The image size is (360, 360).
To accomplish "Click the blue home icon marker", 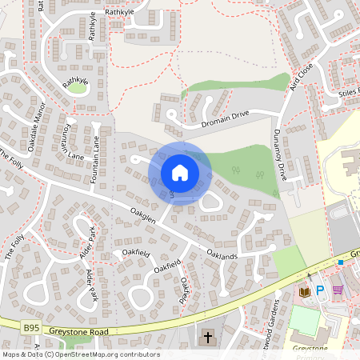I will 180,173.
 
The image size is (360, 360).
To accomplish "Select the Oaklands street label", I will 222,254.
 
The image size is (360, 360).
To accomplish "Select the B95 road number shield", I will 30,327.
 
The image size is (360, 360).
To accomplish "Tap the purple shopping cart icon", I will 338,290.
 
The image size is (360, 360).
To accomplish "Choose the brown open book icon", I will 304,293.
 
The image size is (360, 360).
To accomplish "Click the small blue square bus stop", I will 340,262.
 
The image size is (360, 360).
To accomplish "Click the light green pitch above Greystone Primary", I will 304,320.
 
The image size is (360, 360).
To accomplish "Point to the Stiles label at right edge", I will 349,93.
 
